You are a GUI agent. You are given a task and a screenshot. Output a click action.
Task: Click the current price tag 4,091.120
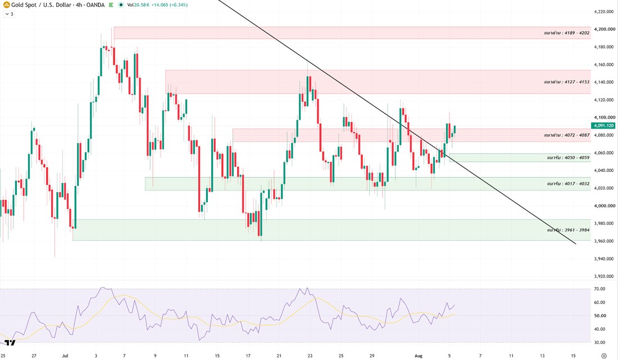coord(603,126)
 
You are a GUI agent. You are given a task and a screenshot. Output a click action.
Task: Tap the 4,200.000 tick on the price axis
coord(605,29)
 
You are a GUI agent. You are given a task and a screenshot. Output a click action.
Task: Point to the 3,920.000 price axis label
coord(605,276)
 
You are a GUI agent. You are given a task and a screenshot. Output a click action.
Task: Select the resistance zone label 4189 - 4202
coord(567,33)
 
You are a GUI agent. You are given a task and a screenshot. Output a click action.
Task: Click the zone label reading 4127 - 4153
coord(567,82)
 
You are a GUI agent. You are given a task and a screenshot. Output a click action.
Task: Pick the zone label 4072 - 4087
coord(567,135)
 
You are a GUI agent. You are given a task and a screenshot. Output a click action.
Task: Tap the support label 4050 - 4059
coord(569,158)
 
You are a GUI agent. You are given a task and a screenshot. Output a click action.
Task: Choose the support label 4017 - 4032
coord(569,184)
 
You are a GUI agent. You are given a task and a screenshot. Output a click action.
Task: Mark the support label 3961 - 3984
coord(569,230)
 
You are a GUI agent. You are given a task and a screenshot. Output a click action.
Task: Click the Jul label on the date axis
coord(65,356)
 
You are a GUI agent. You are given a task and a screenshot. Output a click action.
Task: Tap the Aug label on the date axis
coord(418,356)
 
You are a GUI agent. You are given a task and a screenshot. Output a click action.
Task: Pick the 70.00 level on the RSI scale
coord(599,289)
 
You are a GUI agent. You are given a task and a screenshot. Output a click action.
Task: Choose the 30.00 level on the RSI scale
coord(599,343)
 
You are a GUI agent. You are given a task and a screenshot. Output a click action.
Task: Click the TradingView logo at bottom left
coord(10,343)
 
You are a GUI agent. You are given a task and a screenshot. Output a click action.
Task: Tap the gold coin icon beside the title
coord(6,4)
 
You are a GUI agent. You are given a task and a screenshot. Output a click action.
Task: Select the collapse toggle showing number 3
coord(9,14)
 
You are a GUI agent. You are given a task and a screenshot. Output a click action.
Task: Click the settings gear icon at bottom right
coord(604,356)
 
